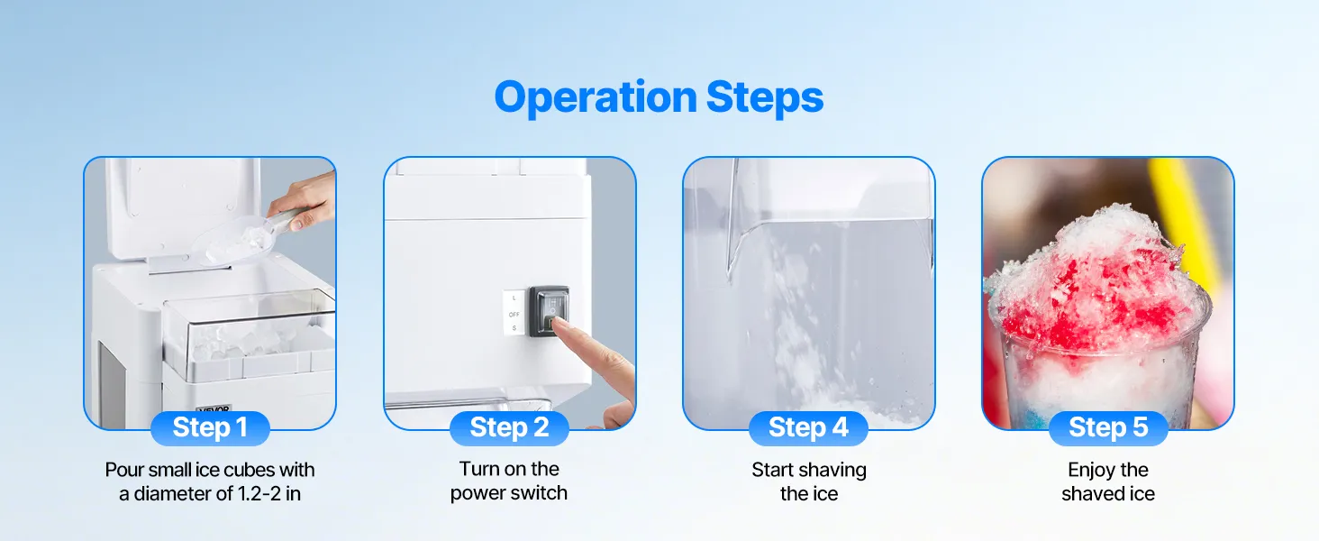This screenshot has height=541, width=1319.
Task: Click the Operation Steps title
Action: (x=659, y=97)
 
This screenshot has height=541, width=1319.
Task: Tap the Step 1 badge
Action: (x=210, y=428)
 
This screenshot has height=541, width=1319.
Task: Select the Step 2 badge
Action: (x=509, y=428)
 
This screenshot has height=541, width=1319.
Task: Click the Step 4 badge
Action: (x=808, y=428)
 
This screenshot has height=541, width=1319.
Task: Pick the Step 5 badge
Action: (x=1108, y=428)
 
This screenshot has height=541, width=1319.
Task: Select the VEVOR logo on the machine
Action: (x=214, y=408)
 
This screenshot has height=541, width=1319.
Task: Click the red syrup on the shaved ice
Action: (x=1096, y=300)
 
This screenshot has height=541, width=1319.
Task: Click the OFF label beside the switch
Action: (x=514, y=314)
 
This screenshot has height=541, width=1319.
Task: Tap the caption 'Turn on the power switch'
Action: (x=509, y=481)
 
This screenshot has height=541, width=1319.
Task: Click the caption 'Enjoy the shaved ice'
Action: (x=1108, y=481)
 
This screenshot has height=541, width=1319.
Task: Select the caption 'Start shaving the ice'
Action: (x=809, y=481)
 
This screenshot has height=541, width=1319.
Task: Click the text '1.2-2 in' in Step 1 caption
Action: (x=268, y=494)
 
